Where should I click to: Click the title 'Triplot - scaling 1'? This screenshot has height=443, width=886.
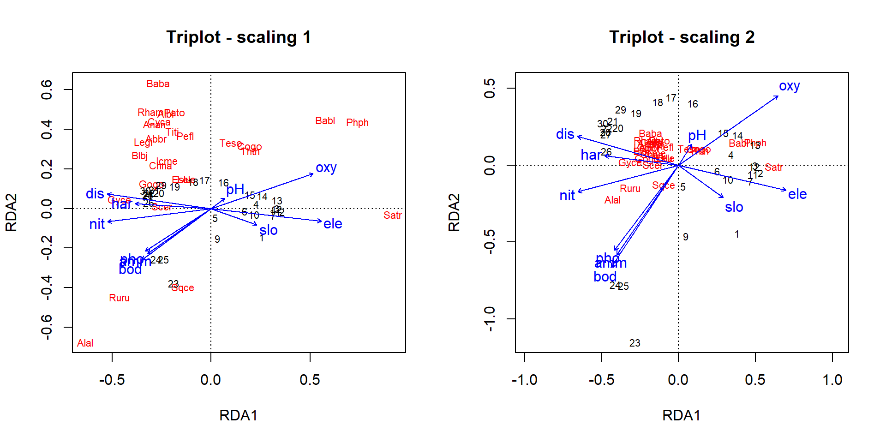pyautogui.click(x=239, y=37)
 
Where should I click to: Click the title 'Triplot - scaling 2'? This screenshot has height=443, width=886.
pyautogui.click(x=682, y=37)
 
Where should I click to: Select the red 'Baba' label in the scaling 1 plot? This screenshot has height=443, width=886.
pyautogui.click(x=158, y=84)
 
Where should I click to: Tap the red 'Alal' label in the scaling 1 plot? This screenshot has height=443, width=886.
pyautogui.click(x=85, y=343)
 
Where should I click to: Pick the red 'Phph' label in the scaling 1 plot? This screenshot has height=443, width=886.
pyautogui.click(x=357, y=123)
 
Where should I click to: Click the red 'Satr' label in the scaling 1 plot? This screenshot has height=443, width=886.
pyautogui.click(x=392, y=216)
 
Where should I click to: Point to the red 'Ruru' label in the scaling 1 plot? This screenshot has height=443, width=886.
pyautogui.click(x=119, y=298)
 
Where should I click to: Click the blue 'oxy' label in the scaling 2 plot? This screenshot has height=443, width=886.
pyautogui.click(x=789, y=86)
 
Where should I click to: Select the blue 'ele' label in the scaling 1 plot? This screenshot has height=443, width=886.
pyautogui.click(x=333, y=224)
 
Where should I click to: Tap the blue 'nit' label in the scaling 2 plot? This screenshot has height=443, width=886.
pyautogui.click(x=567, y=196)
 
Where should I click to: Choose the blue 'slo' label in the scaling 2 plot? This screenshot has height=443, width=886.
pyautogui.click(x=734, y=207)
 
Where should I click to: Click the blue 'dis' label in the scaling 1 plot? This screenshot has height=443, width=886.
pyautogui.click(x=95, y=194)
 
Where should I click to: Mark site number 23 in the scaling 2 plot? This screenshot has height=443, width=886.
pyautogui.click(x=635, y=343)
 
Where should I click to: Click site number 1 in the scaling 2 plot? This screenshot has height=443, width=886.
pyautogui.click(x=737, y=234)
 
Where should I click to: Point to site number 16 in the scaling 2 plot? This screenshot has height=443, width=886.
pyautogui.click(x=693, y=104)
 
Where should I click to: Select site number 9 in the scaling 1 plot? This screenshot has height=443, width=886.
pyautogui.click(x=217, y=239)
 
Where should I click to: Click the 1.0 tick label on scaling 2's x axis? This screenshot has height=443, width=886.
pyautogui.click(x=832, y=380)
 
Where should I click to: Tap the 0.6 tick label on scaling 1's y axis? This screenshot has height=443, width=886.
pyautogui.click(x=47, y=90)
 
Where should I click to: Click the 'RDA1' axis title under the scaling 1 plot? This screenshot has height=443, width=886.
pyautogui.click(x=238, y=415)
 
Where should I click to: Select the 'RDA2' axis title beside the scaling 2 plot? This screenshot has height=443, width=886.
pyautogui.click(x=454, y=212)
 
